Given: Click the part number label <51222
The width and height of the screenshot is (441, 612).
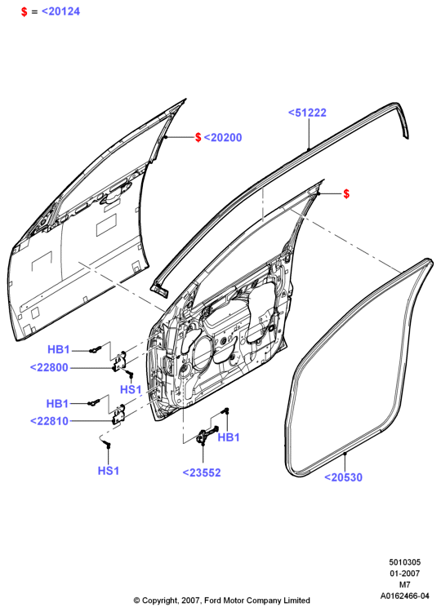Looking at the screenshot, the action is pyautogui.click(x=307, y=113).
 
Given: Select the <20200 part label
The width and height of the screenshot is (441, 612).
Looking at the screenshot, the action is pyautogui.click(x=223, y=137).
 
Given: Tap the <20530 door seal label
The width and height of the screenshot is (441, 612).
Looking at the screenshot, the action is pyautogui.click(x=343, y=477).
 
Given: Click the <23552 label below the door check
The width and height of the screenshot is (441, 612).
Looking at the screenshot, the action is pyautogui.click(x=202, y=472).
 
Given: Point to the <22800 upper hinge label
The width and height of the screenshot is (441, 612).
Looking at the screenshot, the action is pyautogui.click(x=49, y=367).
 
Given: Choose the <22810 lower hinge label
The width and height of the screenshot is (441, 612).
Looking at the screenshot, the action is pyautogui.click(x=49, y=421).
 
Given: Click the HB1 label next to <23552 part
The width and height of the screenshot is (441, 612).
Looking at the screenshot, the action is pyautogui.click(x=229, y=437).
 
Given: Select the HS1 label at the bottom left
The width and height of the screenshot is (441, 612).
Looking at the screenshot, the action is pyautogui.click(x=109, y=470).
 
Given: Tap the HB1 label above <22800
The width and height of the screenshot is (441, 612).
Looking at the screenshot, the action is pyautogui.click(x=59, y=349).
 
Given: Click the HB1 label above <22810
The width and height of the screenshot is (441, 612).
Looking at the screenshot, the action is pyautogui.click(x=57, y=403).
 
